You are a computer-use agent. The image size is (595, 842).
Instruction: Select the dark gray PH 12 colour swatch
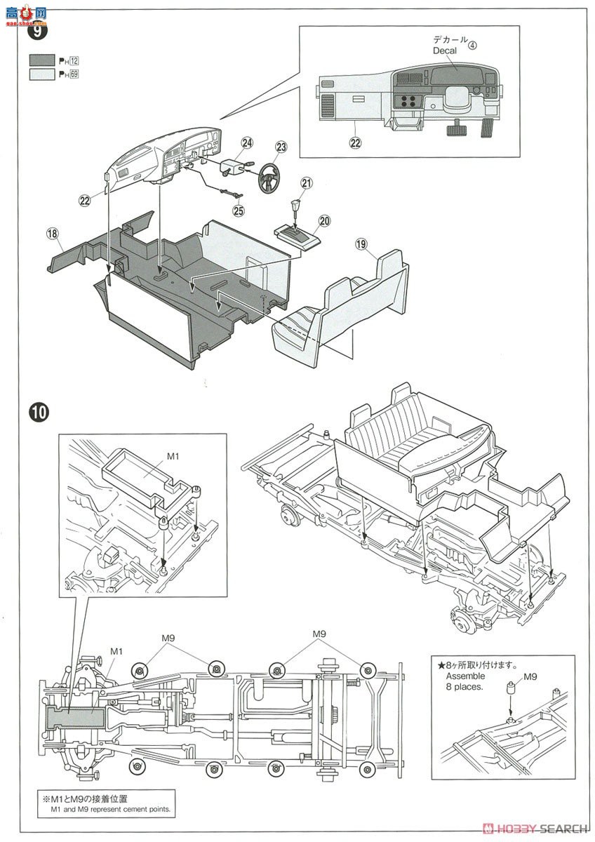44,60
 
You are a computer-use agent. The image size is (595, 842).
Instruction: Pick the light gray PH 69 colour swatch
44,74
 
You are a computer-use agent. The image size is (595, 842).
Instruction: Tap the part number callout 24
247,143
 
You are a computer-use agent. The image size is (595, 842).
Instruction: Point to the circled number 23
281,147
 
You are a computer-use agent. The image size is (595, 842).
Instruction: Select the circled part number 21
307,183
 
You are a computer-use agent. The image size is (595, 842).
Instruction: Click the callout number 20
324,220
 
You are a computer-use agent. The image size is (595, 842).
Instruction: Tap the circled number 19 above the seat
361,243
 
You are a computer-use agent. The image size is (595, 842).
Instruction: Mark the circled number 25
239,209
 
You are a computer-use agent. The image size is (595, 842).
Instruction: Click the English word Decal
445,51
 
